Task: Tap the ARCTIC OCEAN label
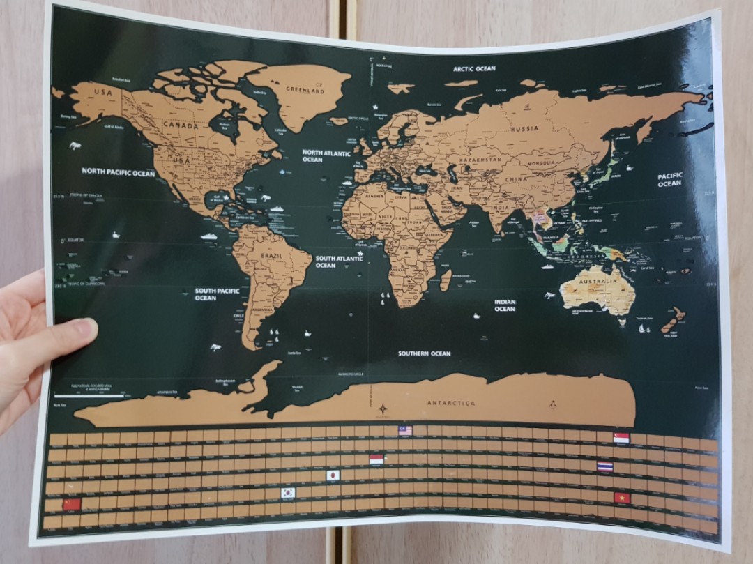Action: pyautogui.click(x=474, y=69)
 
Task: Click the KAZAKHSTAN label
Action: pyautogui.click(x=480, y=160)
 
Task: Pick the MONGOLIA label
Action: pyautogui.click(x=541, y=163)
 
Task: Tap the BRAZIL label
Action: pyautogui.click(x=272, y=256)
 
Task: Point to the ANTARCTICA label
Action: pyautogui.click(x=451, y=403)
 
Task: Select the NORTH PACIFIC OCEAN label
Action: pyautogui.click(x=119, y=172)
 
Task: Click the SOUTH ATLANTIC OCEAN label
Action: pyautogui.click(x=339, y=261)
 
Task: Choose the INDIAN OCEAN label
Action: pyautogui.click(x=505, y=305)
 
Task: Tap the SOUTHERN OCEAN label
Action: pyautogui.click(x=425, y=353)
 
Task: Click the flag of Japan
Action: pyautogui.click(x=333, y=475)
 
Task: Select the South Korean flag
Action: pyautogui.click(x=288, y=492)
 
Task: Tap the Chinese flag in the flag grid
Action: pyautogui.click(x=72, y=503)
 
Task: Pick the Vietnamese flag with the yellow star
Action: pyautogui.click(x=622, y=498)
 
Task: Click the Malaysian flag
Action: pyautogui.click(x=405, y=430)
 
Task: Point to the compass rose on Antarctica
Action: pyautogui.click(x=383, y=409)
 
